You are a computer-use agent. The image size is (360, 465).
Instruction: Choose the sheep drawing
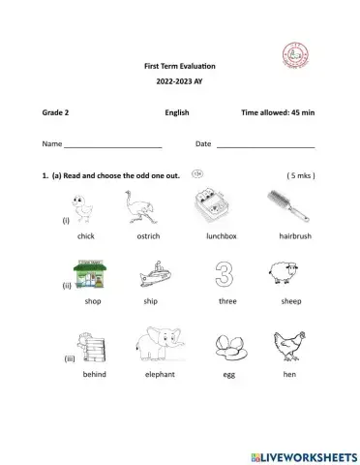(x=291, y=274)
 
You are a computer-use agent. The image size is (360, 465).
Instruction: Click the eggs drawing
(x=228, y=346)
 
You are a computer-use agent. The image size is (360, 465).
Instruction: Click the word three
(x=227, y=301)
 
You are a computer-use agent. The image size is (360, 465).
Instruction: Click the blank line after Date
(x=265, y=145)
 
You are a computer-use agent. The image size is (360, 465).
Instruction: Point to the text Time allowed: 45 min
(x=279, y=113)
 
